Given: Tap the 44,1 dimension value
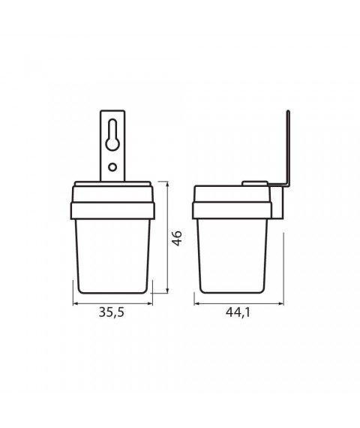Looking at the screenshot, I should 236,314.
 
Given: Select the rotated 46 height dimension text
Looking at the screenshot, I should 176,239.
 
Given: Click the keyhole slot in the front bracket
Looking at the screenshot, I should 112,135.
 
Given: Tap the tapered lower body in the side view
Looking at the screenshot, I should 233,252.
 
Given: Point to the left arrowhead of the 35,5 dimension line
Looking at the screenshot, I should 75,303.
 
